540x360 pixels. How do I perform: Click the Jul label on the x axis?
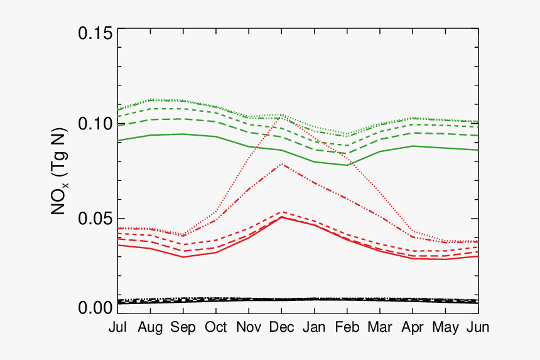117,327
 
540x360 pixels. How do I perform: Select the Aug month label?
151,327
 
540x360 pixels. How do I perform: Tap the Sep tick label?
183,327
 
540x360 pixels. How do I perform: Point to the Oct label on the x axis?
216,327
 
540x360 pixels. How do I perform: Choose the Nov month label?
249,327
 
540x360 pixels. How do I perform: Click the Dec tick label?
282,327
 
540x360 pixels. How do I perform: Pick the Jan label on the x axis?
315,327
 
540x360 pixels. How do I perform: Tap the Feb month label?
347,327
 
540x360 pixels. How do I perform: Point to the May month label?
446,327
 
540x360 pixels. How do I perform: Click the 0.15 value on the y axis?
95,33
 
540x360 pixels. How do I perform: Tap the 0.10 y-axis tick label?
95,124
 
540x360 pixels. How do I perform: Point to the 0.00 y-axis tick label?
95,308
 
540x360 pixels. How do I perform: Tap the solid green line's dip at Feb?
347,165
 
